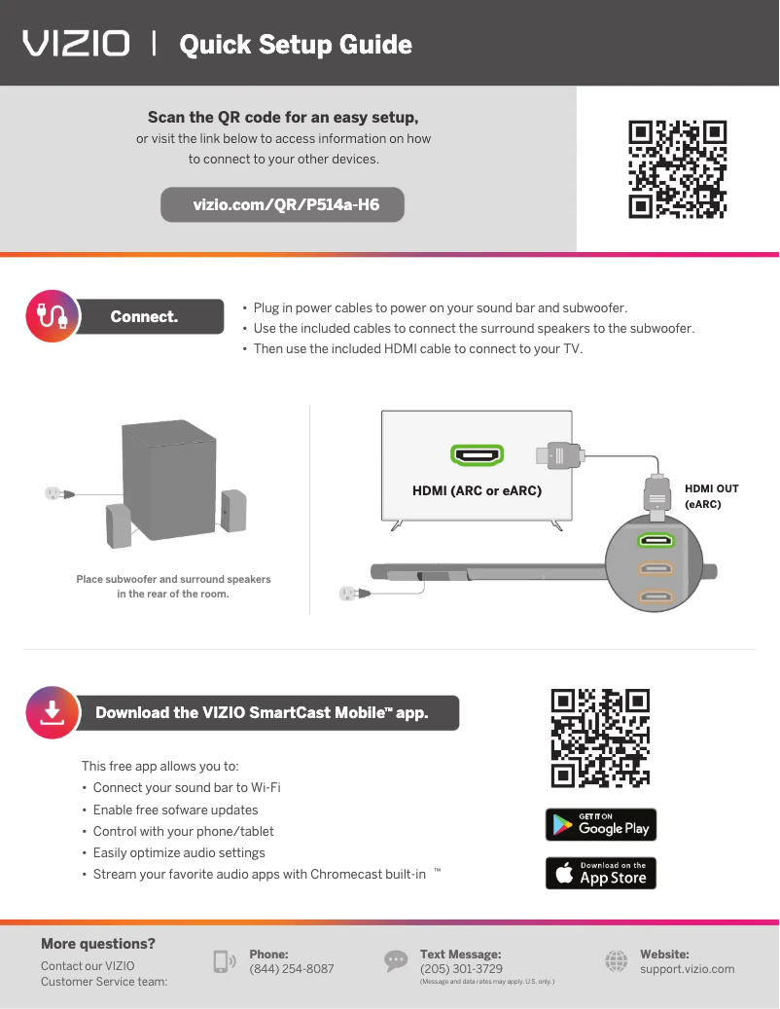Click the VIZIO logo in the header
[77, 44]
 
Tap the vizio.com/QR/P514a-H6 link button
[283, 205]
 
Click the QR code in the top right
[678, 168]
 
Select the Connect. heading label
[145, 316]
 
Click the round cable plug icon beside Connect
[51, 315]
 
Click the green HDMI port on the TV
[477, 454]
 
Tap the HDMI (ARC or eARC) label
[477, 490]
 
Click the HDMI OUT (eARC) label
[712, 496]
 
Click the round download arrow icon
[51, 712]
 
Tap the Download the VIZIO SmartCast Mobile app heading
[262, 712]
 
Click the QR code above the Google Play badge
[600, 738]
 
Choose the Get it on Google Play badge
[601, 825]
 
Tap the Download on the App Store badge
[601, 873]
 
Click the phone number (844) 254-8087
[291, 969]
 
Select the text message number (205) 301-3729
[461, 969]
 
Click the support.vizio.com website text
[687, 969]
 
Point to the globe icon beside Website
[617, 961]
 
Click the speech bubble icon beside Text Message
[396, 961]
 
